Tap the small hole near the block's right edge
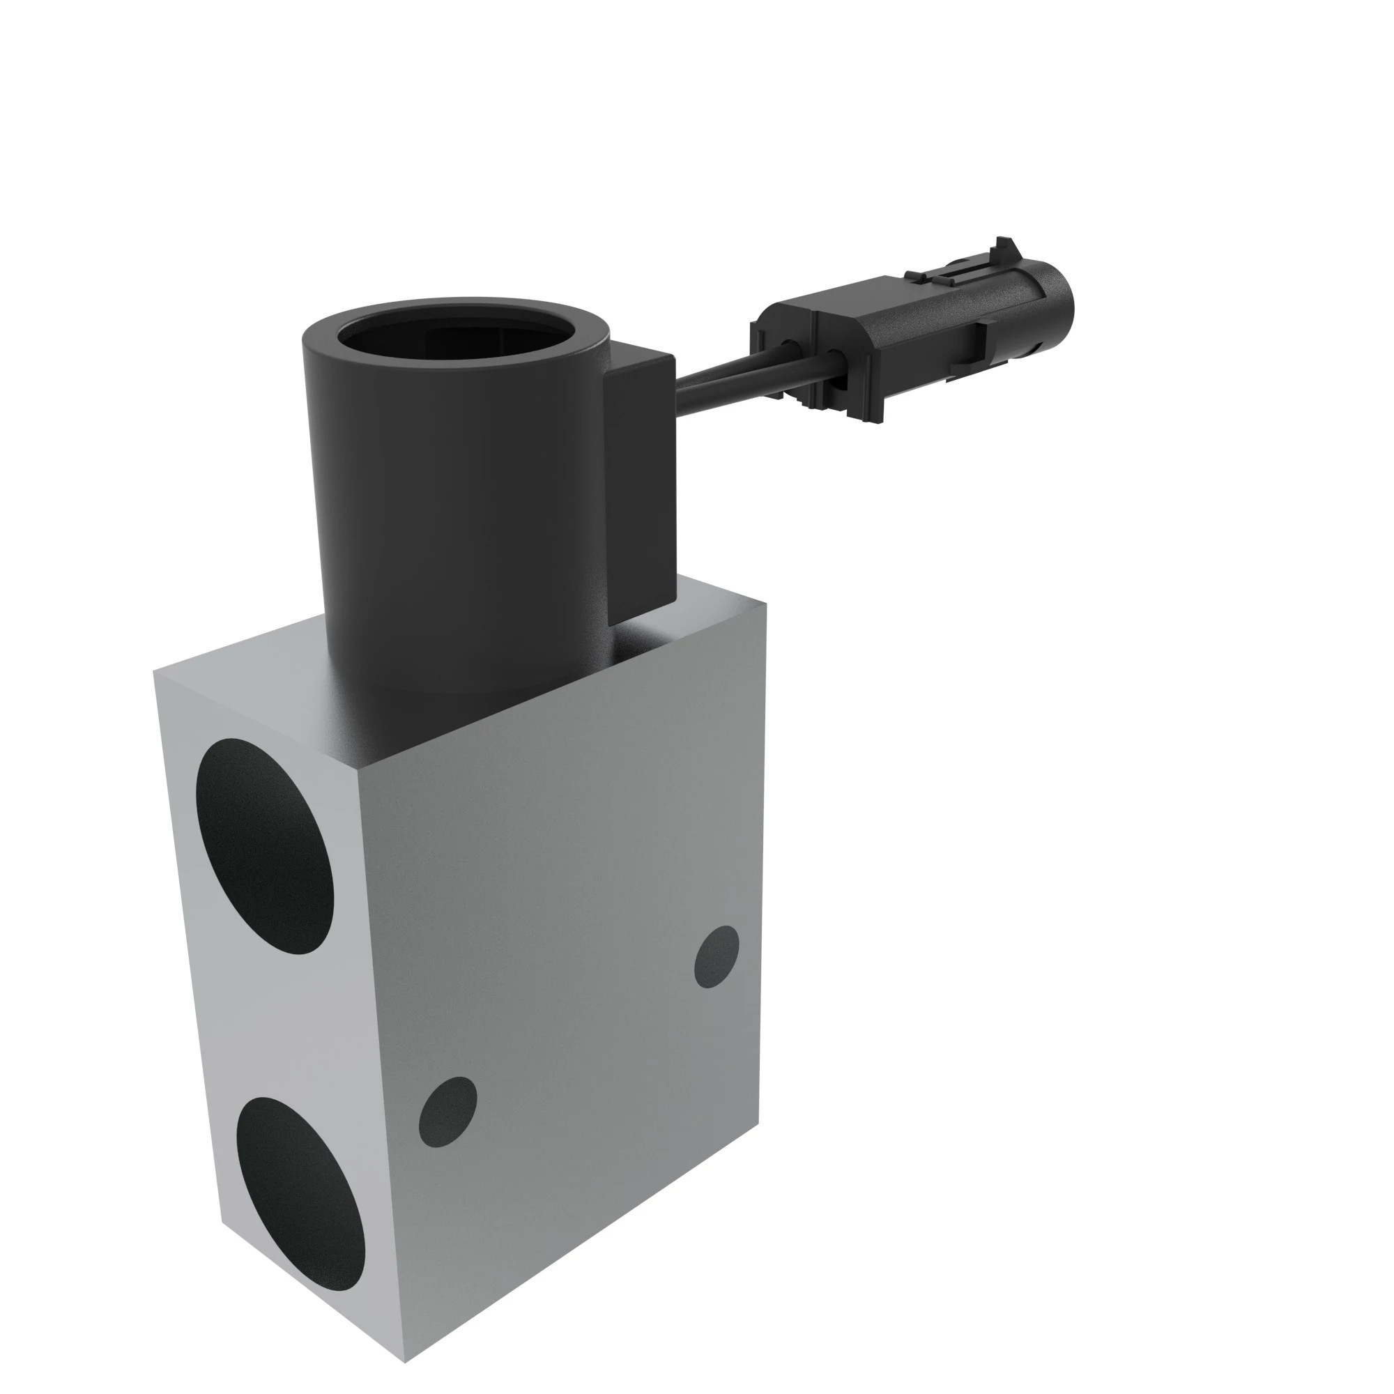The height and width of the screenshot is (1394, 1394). (x=717, y=957)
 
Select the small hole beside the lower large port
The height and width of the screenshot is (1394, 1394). (x=447, y=1111)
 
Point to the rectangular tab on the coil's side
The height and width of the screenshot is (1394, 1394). (x=641, y=462)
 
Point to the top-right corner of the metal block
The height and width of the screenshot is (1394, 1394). (x=765, y=604)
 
